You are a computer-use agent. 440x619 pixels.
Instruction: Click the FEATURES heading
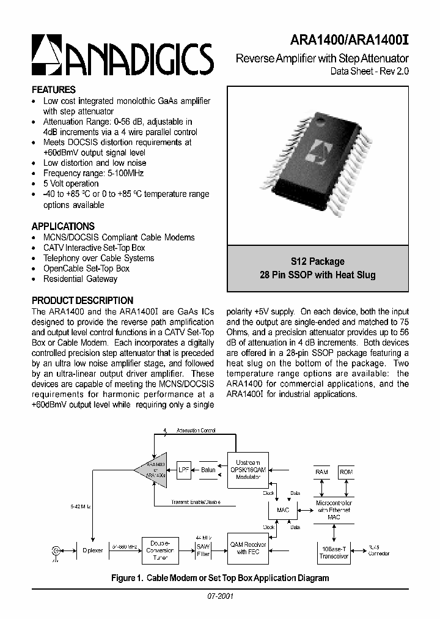tap(54, 89)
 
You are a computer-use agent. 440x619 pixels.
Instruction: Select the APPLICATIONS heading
tap(63, 226)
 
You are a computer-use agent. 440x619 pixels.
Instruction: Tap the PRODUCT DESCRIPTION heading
tap(82, 300)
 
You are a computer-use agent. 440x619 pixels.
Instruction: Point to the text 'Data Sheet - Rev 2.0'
tap(365, 71)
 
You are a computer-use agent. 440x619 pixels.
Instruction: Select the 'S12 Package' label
tap(317, 261)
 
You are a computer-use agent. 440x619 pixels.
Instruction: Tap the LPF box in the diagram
tap(184, 470)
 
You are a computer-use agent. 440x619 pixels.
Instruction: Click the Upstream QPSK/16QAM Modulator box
tap(248, 470)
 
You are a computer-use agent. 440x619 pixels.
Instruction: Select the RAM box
tap(321, 472)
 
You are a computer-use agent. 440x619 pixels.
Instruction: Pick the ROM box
tap(346, 472)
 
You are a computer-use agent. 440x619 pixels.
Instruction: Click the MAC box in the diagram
tap(282, 510)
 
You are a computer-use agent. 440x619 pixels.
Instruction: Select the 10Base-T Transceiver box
tap(333, 552)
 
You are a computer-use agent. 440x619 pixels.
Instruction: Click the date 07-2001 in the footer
tap(220, 596)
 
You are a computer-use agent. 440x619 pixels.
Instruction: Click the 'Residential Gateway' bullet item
tap(80, 279)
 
